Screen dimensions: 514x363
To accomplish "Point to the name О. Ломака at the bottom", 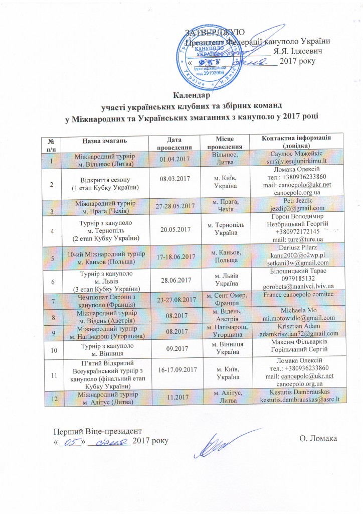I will click(x=317, y=440).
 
